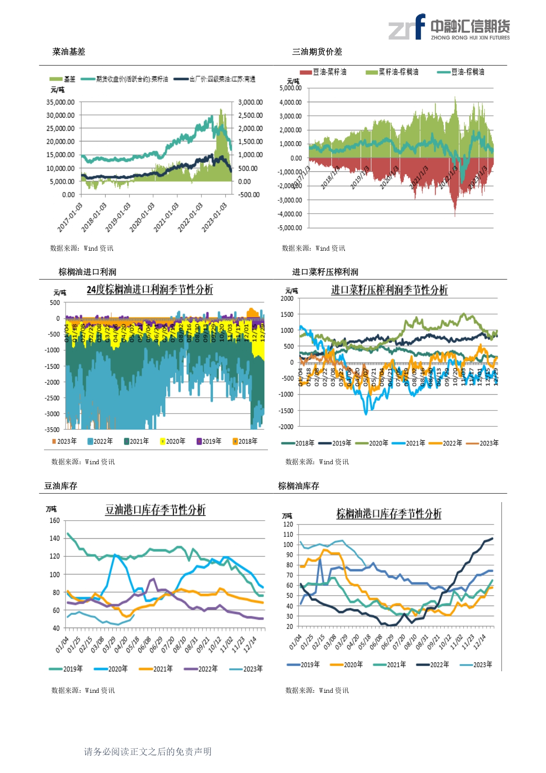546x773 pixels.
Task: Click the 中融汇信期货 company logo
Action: coord(449,27)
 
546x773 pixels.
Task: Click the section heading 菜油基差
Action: coord(69,52)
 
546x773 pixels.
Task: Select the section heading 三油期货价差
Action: coord(317,52)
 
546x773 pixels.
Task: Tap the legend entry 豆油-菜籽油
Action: coord(324,72)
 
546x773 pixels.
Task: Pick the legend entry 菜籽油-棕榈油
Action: coord(392,72)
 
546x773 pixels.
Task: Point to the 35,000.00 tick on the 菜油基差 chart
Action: coord(61,102)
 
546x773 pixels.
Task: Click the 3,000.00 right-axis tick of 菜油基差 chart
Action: coord(250,102)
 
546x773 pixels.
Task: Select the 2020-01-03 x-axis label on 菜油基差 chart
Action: coord(142,217)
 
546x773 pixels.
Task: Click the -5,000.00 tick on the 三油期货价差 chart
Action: coord(290,228)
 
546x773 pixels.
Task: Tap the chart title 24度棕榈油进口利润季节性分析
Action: coord(150,290)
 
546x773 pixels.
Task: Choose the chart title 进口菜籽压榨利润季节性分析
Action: coord(389,290)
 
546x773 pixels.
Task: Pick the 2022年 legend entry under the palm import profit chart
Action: coord(101,441)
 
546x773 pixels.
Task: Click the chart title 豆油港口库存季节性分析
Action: coord(155,510)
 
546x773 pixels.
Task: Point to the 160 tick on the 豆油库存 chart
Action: coord(55,521)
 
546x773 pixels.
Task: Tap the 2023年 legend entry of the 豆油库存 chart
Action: coord(247,669)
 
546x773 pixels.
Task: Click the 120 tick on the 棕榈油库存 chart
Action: coord(288,525)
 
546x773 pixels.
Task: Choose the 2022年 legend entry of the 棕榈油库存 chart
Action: coord(433,665)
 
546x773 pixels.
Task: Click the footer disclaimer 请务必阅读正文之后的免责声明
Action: coord(148,752)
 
